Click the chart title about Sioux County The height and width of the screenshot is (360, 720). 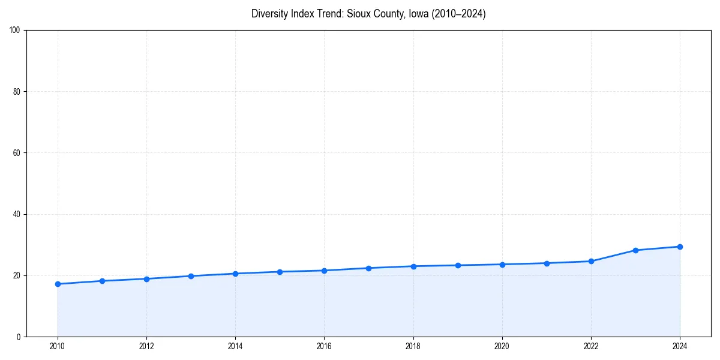368,14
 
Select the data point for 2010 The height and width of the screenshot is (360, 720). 58,284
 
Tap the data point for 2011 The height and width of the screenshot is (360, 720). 102,281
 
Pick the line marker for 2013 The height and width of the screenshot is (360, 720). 191,276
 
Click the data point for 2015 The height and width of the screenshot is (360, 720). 280,272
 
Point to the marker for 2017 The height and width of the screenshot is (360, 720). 368,268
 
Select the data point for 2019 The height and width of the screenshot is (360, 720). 458,265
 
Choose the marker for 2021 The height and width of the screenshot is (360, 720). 547,263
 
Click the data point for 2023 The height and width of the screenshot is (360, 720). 635,250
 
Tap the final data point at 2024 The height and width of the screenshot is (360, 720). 680,247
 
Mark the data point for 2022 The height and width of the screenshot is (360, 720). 591,261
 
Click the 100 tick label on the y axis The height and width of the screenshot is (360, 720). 16,30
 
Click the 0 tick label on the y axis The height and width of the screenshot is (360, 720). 19,337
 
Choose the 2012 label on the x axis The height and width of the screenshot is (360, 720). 146,346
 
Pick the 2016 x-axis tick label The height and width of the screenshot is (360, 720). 324,346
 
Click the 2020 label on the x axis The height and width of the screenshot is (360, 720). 502,346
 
